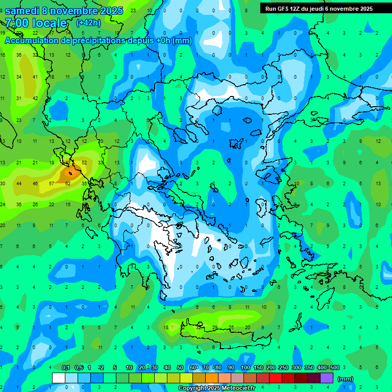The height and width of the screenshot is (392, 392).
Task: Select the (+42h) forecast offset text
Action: point(88,23)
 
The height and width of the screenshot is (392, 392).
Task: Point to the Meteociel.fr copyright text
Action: point(216,388)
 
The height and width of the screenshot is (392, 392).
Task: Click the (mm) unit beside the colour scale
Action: point(346,379)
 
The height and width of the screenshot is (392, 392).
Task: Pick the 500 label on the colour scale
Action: point(334,368)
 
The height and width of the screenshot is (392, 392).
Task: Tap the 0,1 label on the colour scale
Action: point(66,368)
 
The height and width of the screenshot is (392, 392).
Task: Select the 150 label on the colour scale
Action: point(258,368)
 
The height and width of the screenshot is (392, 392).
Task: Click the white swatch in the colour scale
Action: point(59,378)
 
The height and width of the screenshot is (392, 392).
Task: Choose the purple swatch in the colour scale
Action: point(327,378)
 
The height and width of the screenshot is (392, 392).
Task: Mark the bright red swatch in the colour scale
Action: point(276,378)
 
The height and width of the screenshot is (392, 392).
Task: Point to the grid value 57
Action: point(52,183)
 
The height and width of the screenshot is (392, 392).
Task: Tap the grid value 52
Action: point(84,163)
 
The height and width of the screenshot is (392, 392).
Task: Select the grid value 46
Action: point(35,183)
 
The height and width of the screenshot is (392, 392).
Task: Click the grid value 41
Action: point(35,77)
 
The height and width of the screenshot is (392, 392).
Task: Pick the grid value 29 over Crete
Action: point(215,327)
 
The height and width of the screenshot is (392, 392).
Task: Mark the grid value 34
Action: point(19,77)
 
